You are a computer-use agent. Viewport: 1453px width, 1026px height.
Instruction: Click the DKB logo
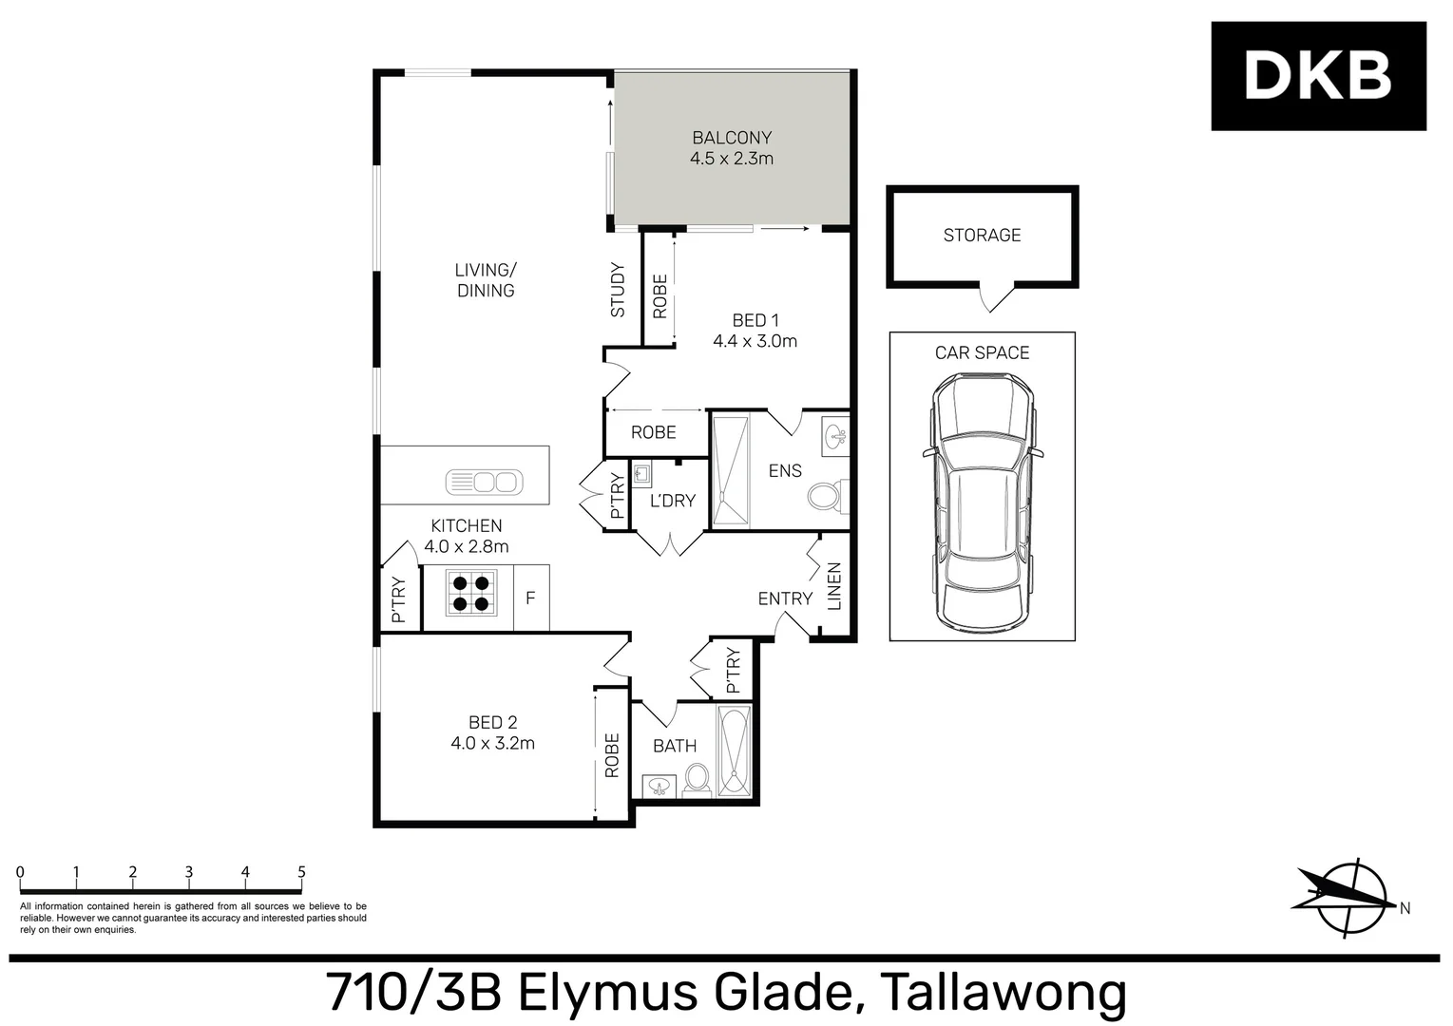(1318, 76)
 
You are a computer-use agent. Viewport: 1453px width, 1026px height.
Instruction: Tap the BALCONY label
(732, 138)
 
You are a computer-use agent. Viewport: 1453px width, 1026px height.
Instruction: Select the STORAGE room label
(982, 236)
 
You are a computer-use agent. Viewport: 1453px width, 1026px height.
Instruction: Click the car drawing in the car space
(982, 503)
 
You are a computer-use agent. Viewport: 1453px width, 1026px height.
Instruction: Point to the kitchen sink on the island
(484, 483)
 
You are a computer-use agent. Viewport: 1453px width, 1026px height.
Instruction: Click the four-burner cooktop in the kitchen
(471, 593)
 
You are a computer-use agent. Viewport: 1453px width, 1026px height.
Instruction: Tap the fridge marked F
(530, 598)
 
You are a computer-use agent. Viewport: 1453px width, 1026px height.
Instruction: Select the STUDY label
(618, 290)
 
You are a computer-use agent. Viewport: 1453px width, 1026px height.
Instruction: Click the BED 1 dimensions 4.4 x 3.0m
(755, 341)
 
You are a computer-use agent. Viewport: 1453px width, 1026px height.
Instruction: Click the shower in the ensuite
(730, 470)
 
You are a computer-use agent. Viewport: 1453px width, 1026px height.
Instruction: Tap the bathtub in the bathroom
(734, 751)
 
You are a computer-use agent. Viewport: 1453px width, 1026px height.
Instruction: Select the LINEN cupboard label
(834, 586)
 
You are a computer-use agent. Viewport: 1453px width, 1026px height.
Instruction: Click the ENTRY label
(785, 598)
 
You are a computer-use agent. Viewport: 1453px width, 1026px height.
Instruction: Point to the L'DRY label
(673, 501)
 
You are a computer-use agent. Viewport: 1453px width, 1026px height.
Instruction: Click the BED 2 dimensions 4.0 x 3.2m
(492, 744)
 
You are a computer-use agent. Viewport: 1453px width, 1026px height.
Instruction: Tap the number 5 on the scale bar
(301, 872)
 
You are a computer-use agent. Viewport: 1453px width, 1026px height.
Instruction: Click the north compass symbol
(1349, 898)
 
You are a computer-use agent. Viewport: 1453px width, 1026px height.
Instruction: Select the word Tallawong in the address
(1004, 993)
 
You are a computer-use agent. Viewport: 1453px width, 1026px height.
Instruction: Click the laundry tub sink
(642, 474)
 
